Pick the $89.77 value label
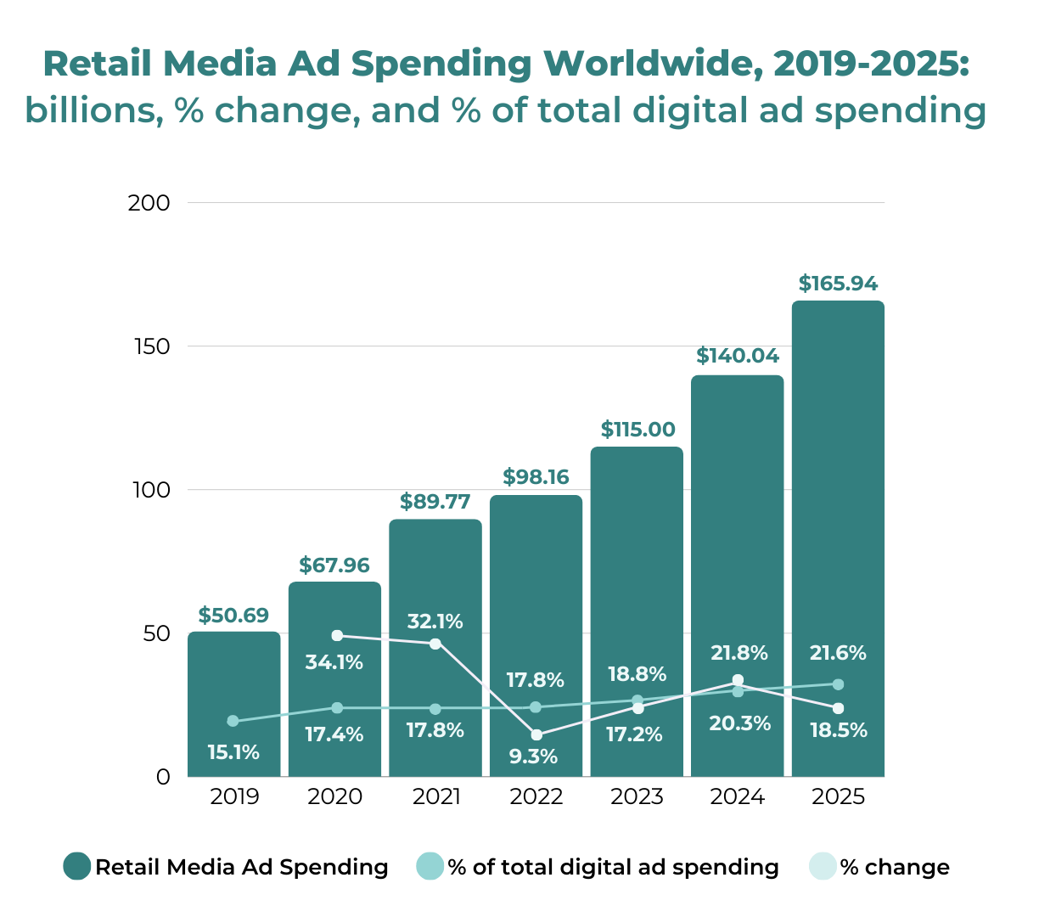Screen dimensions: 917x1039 pyautogui.click(x=435, y=502)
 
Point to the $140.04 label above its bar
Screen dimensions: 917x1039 pyautogui.click(x=738, y=356)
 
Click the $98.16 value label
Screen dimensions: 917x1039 pyautogui.click(x=536, y=477)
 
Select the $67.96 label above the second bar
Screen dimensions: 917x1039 pyautogui.click(x=334, y=565)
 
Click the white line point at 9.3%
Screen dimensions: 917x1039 pyautogui.click(x=536, y=735)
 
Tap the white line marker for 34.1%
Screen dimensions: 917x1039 pyautogui.click(x=337, y=635)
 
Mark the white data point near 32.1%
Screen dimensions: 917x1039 pyautogui.click(x=435, y=644)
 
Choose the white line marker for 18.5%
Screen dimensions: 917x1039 pyautogui.click(x=838, y=708)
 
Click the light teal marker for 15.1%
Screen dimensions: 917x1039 pyautogui.click(x=233, y=721)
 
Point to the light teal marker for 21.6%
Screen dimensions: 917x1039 pyautogui.click(x=838, y=684)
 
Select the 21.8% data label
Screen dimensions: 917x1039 pyautogui.click(x=738, y=653)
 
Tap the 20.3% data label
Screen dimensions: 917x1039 pyautogui.click(x=739, y=723)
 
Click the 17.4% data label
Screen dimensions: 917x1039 pyautogui.click(x=334, y=734)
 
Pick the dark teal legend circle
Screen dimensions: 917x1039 pyautogui.click(x=77, y=866)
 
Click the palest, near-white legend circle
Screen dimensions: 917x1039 pyautogui.click(x=823, y=866)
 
